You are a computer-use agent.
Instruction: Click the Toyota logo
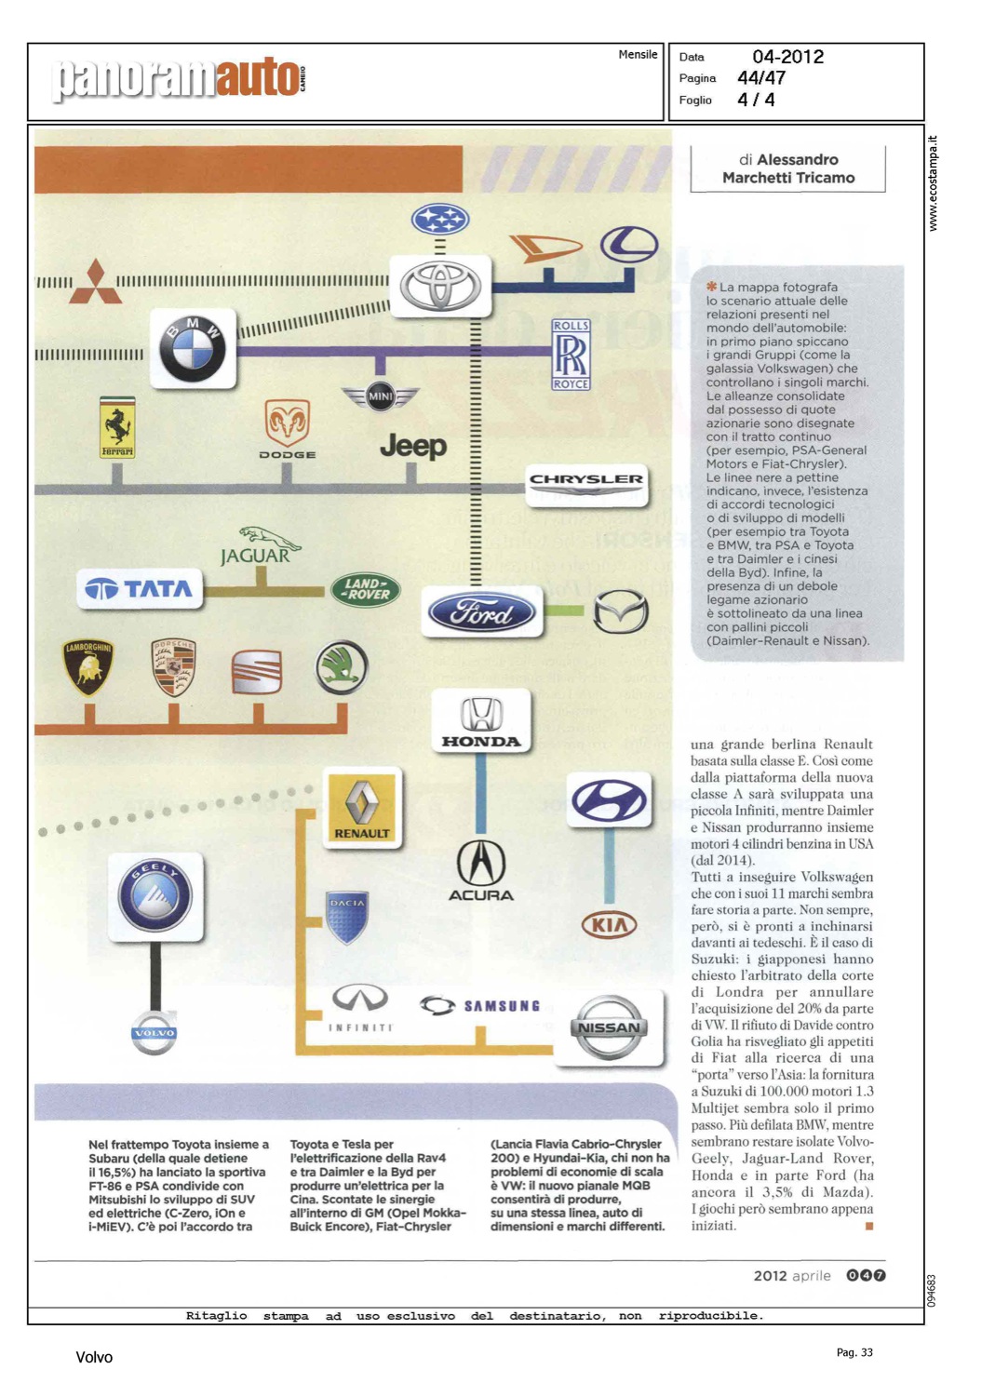(x=440, y=286)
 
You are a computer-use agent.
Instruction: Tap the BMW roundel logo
(x=193, y=348)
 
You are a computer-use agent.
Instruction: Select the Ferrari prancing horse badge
(x=117, y=427)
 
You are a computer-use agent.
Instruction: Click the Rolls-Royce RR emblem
(x=571, y=355)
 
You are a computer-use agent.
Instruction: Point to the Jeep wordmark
(x=413, y=447)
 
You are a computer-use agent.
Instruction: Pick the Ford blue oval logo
(x=481, y=612)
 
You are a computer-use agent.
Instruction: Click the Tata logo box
(x=139, y=588)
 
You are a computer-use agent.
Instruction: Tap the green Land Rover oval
(x=365, y=589)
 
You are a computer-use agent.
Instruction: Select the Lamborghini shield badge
(x=87, y=666)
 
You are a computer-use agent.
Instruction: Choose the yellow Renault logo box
(x=362, y=807)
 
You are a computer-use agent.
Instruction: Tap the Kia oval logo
(x=610, y=925)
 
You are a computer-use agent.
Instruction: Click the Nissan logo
(x=610, y=1027)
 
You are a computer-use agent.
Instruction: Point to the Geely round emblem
(x=155, y=895)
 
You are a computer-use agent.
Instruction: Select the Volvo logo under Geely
(x=154, y=1032)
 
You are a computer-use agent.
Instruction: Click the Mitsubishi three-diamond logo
(x=96, y=282)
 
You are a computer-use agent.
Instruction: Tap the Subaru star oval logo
(x=440, y=220)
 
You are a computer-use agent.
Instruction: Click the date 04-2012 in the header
(x=787, y=57)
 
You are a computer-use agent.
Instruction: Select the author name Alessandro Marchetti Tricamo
(x=788, y=168)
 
